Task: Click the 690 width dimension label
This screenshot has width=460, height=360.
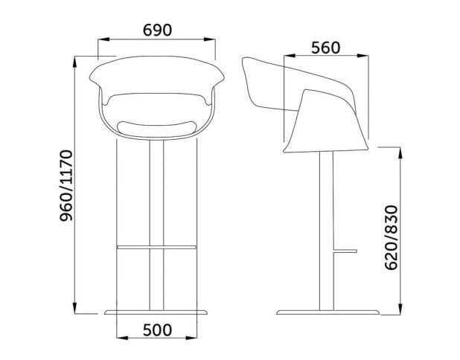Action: tap(157, 30)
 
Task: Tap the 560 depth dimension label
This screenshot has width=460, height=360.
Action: tap(325, 48)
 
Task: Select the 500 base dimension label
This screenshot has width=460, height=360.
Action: tap(157, 330)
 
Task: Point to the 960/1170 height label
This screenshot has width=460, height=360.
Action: tap(66, 185)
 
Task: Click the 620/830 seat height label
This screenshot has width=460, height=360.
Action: tap(391, 237)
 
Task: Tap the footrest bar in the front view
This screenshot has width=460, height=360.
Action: tap(156, 247)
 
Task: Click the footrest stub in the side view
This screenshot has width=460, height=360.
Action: tap(345, 251)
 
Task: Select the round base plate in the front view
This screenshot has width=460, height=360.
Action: tap(156, 312)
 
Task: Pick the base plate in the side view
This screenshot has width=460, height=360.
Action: tap(328, 312)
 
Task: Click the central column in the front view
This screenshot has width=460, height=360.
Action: tap(156, 225)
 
